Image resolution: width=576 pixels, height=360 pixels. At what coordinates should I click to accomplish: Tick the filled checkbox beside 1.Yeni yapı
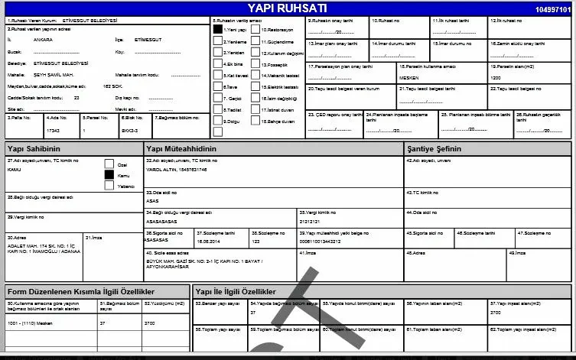click(217, 29)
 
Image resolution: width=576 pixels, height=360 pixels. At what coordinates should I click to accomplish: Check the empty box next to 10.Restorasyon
click(255, 29)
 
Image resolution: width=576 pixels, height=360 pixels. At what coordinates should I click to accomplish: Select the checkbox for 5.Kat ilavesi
click(217, 76)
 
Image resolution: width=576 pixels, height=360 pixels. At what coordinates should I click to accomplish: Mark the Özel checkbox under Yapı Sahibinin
click(109, 163)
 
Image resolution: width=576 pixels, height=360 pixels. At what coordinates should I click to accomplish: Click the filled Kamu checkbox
click(109, 174)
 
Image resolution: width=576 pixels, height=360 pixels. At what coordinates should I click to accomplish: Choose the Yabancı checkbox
click(109, 186)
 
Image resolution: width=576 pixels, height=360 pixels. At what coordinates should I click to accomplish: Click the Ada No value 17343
click(54, 131)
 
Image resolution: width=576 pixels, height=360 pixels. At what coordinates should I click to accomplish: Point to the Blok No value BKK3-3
click(131, 131)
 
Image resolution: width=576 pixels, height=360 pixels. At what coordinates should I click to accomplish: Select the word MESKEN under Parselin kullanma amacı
click(408, 77)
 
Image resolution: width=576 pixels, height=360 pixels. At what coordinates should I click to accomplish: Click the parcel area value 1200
click(496, 77)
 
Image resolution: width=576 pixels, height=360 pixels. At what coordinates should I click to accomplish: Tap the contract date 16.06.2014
click(208, 240)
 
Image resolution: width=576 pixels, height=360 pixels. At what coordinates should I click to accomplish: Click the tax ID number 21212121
click(311, 219)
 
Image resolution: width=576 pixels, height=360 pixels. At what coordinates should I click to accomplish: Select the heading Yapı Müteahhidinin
click(181, 148)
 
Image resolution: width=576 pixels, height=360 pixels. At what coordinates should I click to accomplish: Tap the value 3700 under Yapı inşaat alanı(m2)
click(496, 312)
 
